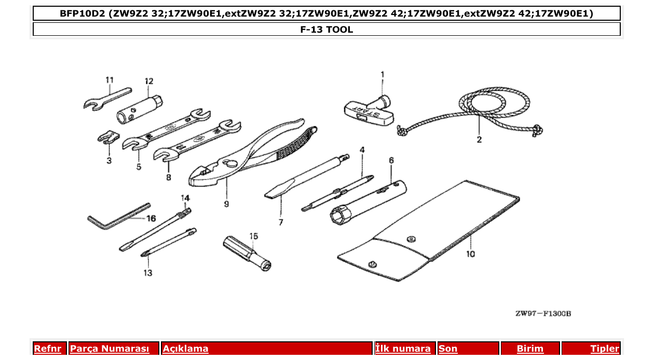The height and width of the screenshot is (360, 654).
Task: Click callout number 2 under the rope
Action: tap(479, 140)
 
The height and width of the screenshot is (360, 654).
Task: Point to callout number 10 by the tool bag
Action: tap(470, 254)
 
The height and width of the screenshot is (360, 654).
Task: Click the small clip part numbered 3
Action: tap(108, 137)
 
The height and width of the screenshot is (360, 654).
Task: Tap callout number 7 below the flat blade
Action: tap(281, 222)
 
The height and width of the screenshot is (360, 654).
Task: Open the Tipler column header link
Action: tap(605, 349)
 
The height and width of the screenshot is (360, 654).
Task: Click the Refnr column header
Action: tap(48, 349)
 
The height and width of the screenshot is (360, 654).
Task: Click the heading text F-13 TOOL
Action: tap(326, 30)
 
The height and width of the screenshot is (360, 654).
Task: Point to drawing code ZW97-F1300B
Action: tap(543, 314)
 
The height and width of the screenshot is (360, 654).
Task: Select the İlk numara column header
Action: tap(403, 349)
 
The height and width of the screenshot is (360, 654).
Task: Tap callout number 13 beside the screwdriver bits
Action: tap(148, 273)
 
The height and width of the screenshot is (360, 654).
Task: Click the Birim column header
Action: tap(530, 349)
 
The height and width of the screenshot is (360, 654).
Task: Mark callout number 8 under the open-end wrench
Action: tap(169, 177)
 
